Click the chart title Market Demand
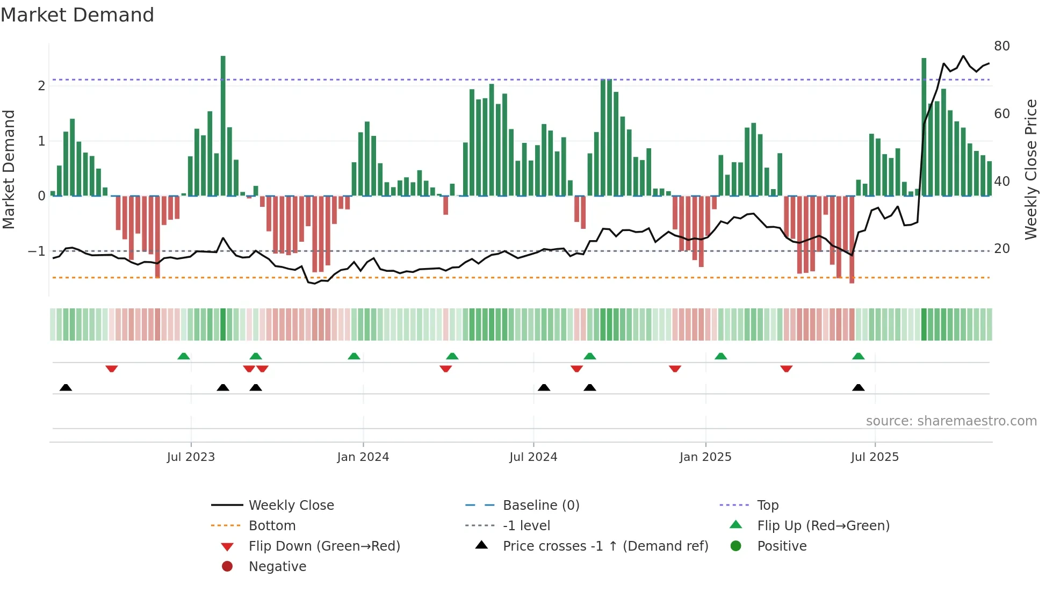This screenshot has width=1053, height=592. [77, 15]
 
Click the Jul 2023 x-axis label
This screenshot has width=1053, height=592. [191, 457]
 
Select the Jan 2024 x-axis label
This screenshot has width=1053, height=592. [363, 457]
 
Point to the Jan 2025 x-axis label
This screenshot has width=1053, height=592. [705, 457]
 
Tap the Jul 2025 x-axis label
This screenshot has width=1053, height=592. [875, 457]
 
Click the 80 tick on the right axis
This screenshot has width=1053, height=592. [1001, 46]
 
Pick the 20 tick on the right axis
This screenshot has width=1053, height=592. [1001, 249]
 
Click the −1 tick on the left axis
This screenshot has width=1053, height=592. [37, 251]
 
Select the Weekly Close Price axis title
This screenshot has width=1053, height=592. [1030, 169]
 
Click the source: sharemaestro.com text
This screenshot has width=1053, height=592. [951, 421]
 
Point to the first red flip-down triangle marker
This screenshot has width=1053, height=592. [112, 369]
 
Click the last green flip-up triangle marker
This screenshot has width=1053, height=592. [858, 356]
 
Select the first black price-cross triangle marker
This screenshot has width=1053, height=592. [66, 387]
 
